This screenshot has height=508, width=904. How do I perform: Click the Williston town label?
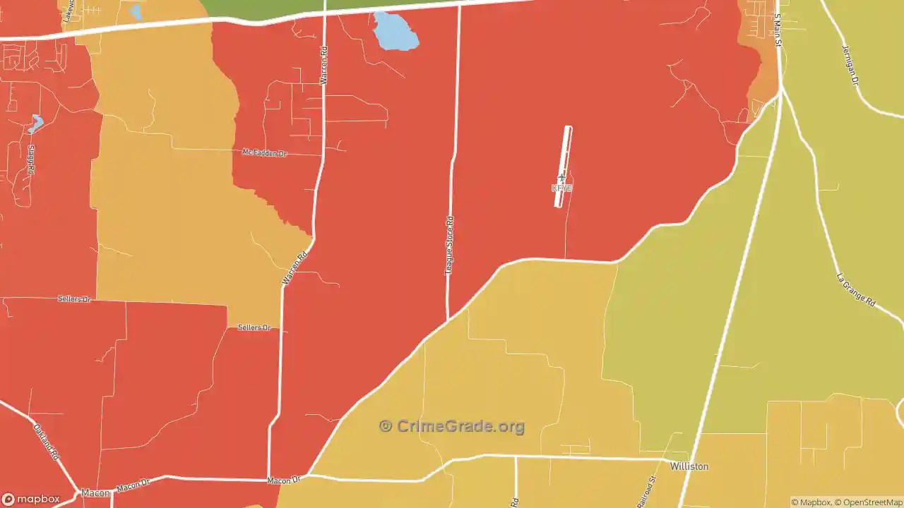689,466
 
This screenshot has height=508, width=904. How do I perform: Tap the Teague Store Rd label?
449,246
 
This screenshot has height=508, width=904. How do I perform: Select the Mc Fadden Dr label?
264,152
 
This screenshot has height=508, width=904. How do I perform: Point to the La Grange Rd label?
855,289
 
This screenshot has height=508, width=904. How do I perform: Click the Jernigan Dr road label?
850,65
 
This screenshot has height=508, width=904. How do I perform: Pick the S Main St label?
778,29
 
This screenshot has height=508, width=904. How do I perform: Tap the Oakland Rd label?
45,442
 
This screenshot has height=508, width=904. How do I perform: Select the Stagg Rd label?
30,160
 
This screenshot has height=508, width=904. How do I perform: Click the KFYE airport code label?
561,188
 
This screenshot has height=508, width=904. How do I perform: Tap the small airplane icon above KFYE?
561,178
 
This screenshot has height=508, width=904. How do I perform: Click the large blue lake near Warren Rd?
395,32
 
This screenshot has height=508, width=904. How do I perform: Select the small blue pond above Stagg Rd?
35,124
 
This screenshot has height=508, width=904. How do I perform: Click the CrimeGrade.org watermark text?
452,426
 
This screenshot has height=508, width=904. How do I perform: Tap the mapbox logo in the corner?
31,499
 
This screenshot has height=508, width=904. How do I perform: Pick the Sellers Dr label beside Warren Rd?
254,327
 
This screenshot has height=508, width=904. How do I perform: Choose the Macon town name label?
95,492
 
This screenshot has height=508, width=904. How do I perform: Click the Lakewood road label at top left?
69,13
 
